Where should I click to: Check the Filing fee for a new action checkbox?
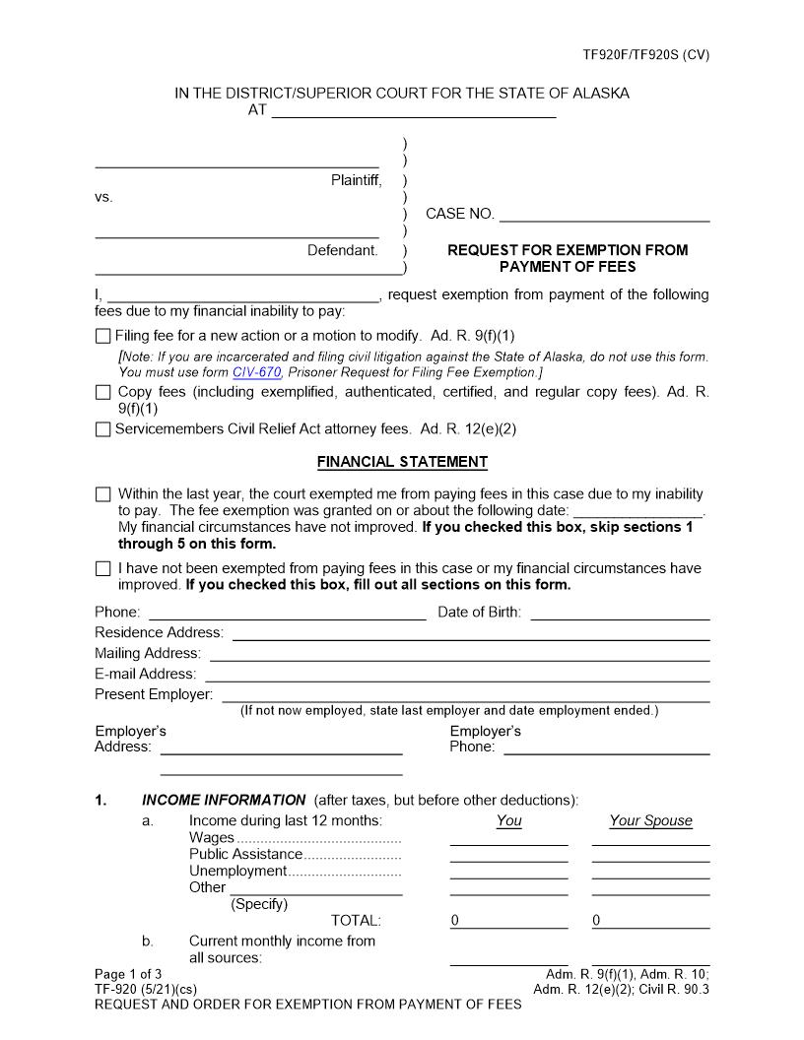pos(103,336)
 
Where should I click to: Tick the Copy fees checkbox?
pos(103,392)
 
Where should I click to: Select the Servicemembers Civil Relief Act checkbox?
pos(103,429)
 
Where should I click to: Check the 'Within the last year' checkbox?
pos(103,494)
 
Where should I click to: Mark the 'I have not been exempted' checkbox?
pos(103,568)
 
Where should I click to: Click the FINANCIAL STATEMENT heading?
pos(402,461)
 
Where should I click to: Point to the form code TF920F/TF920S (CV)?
pos(645,55)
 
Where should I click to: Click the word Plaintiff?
pos(356,180)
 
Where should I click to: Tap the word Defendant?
pos(342,250)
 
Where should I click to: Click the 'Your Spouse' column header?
pos(650,820)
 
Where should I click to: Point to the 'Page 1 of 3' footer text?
pos(128,974)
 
